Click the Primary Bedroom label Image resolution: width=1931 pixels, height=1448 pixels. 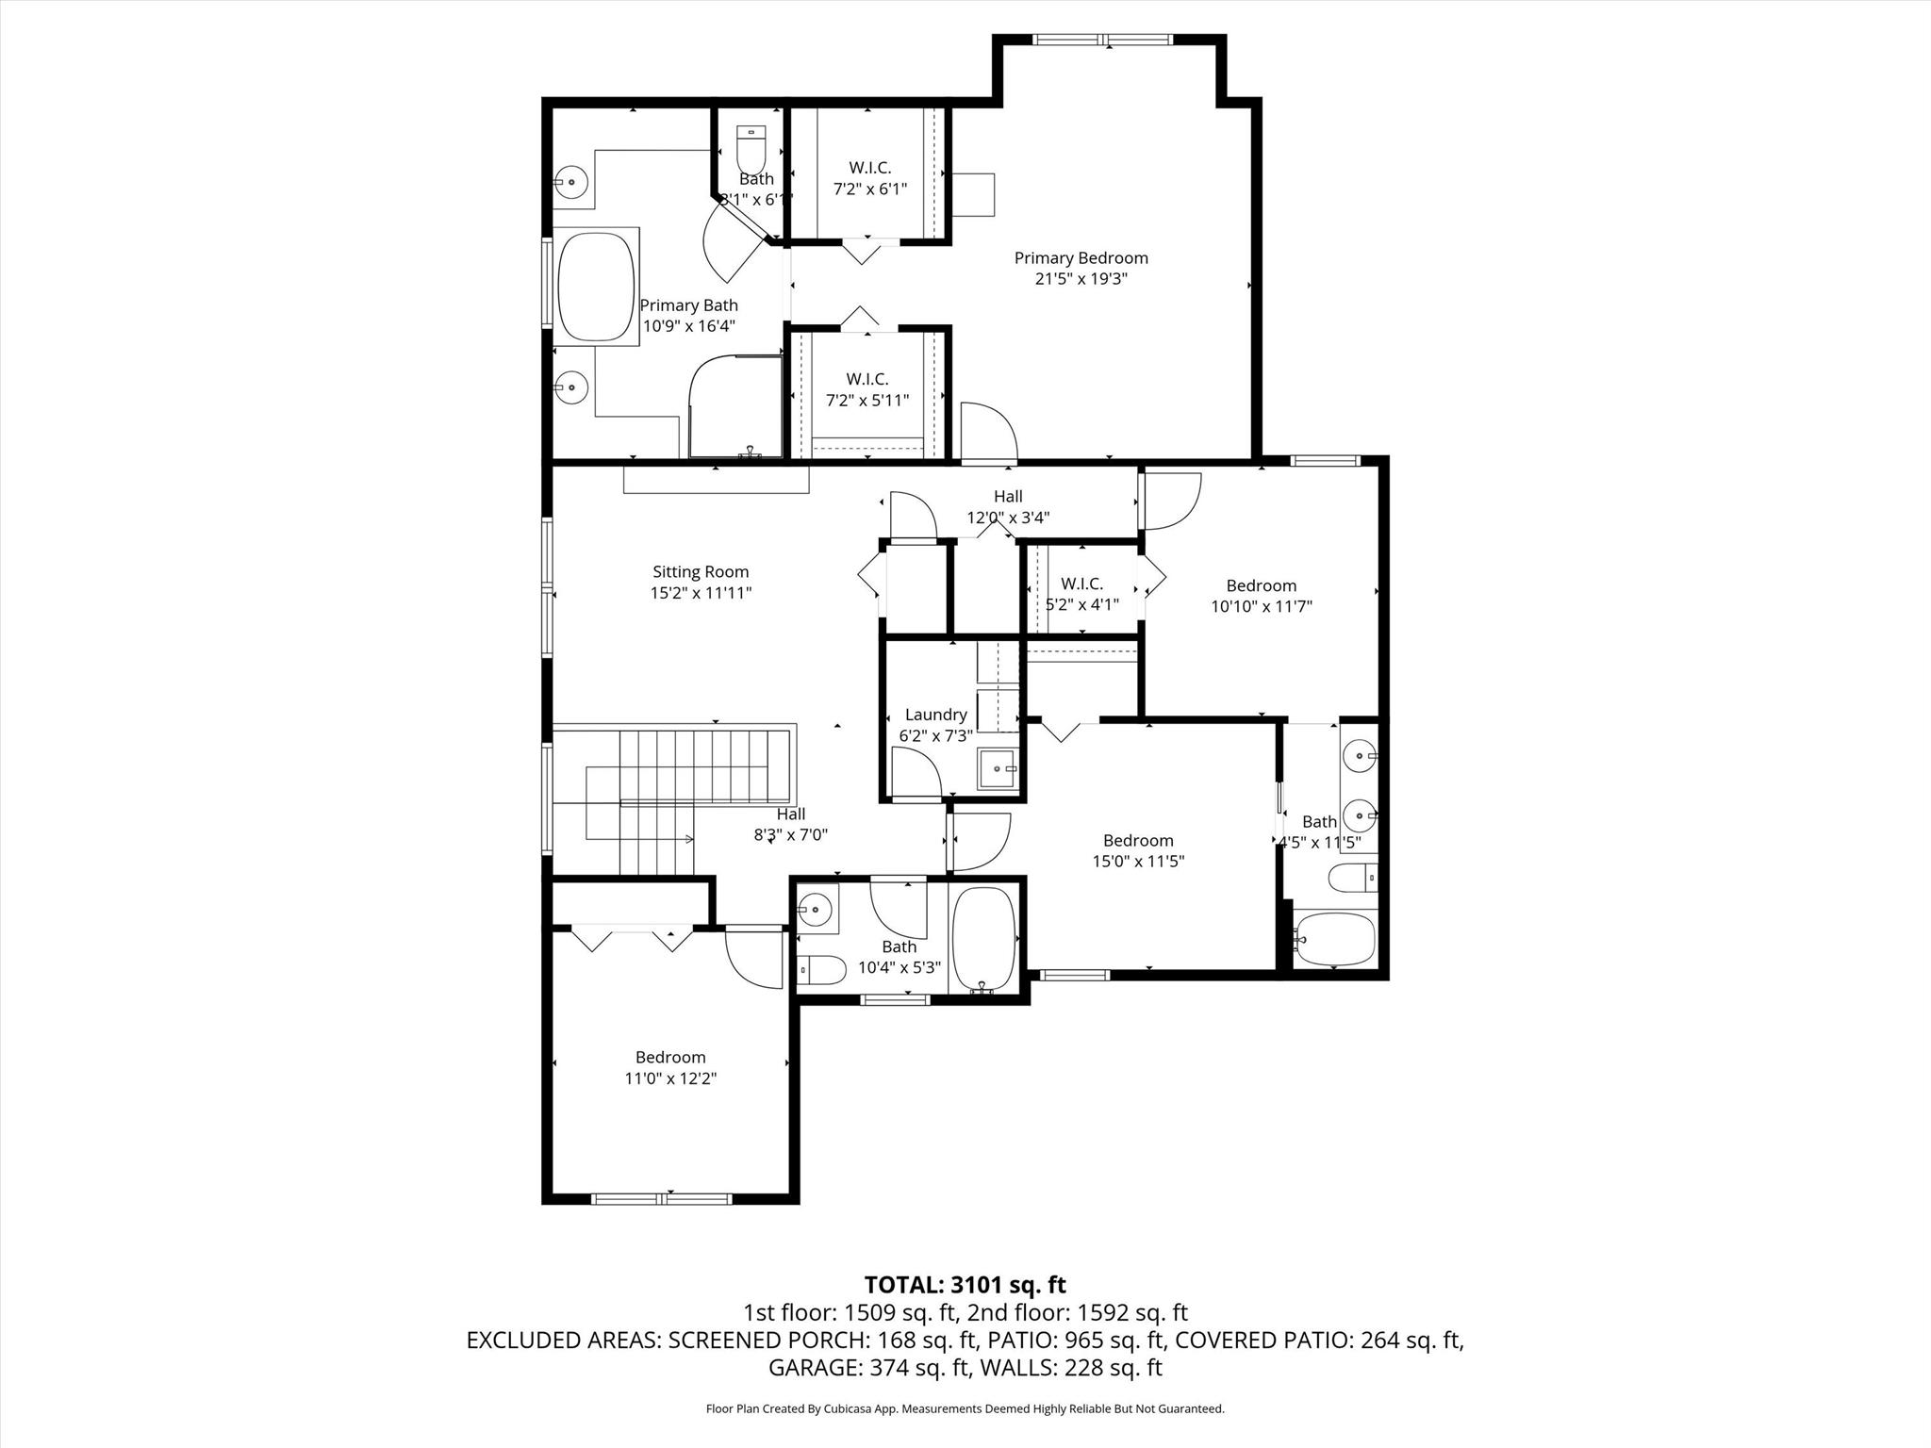tap(1081, 258)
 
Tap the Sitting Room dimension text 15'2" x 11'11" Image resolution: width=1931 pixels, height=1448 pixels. tap(701, 593)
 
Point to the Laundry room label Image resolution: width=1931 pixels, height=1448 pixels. tap(935, 715)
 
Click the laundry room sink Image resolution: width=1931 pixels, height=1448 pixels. tap(999, 768)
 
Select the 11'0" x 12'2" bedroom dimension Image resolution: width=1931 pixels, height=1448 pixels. tap(670, 1078)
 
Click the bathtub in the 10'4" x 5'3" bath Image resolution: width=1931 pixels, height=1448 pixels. tap(983, 938)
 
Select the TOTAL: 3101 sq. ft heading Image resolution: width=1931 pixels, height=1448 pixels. tap(965, 1284)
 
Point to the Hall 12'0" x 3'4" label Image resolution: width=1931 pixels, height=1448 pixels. tap(1008, 497)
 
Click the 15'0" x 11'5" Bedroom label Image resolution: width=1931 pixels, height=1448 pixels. tap(1138, 841)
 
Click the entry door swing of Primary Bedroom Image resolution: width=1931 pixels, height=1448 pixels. tap(989, 431)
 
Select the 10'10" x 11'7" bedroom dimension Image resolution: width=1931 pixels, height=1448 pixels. tap(1261, 606)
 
